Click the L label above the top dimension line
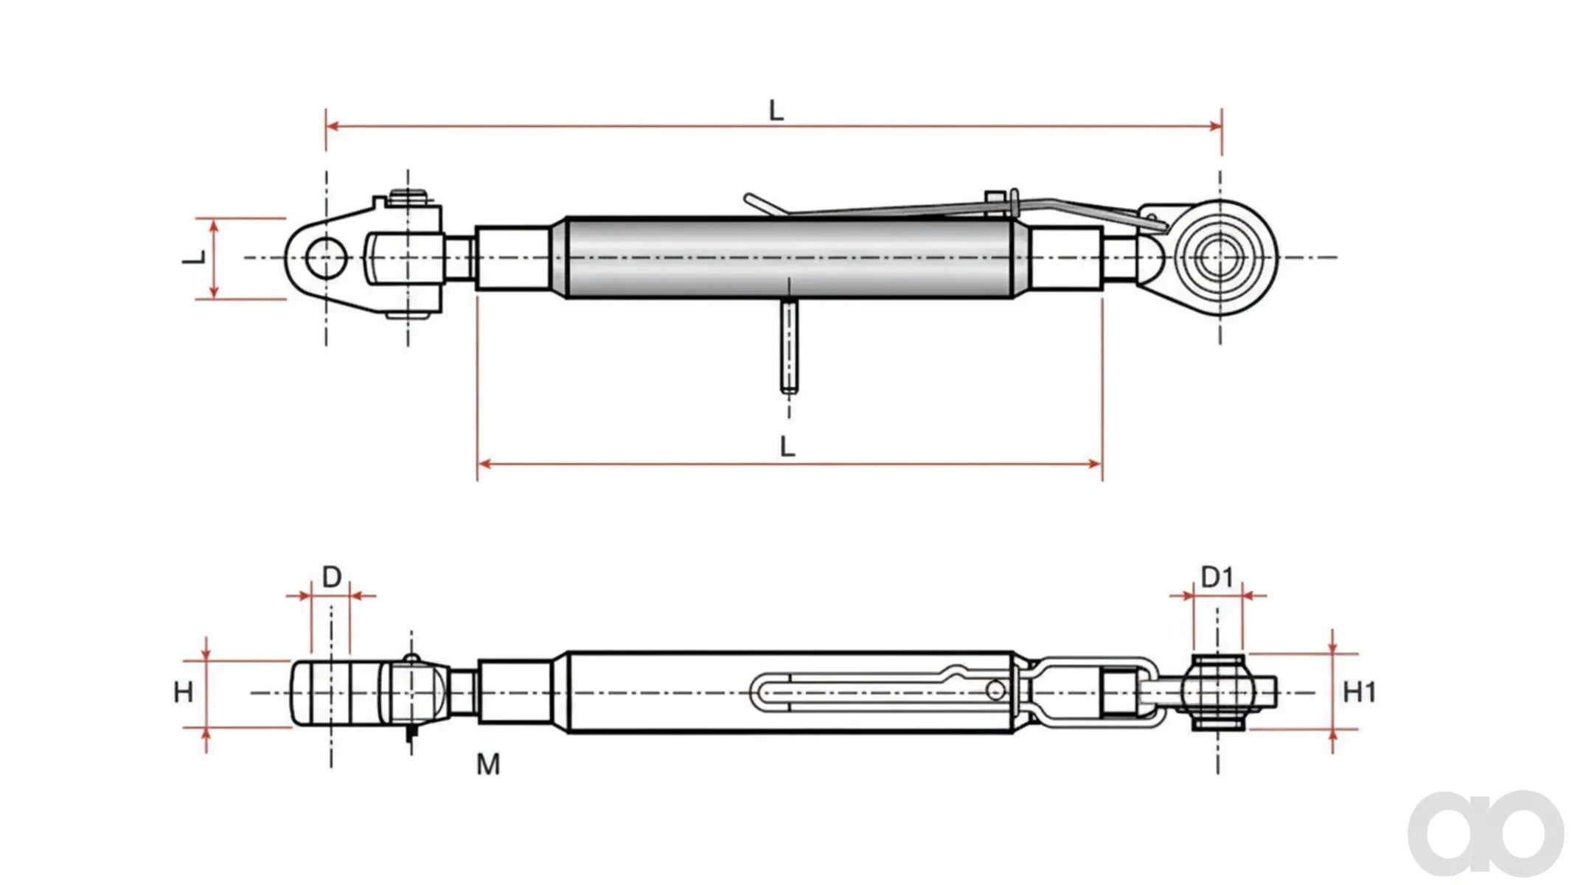[x=776, y=111]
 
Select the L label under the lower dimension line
[x=787, y=446]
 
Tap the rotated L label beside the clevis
[x=194, y=257]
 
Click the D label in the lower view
[x=332, y=577]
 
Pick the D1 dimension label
[x=1217, y=577]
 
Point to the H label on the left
[x=183, y=693]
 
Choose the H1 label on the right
[x=1360, y=693]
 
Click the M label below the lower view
[x=488, y=765]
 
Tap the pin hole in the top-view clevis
[x=326, y=257]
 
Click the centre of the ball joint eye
[x=1220, y=257]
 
